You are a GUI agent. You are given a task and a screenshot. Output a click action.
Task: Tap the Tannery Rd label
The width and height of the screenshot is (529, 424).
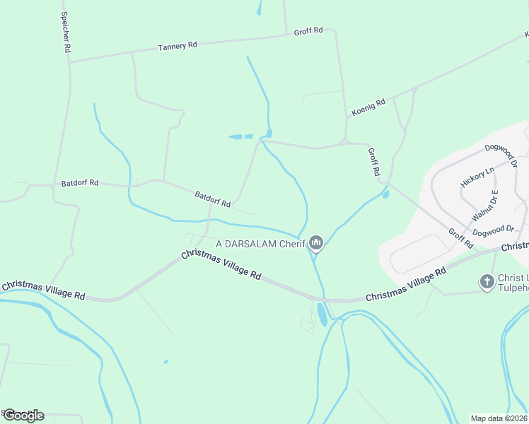(x=178, y=46)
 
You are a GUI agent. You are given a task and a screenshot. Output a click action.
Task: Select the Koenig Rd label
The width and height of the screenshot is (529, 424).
(x=368, y=107)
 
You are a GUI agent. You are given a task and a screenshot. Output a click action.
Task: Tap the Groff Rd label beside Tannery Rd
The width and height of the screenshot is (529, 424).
(x=308, y=31)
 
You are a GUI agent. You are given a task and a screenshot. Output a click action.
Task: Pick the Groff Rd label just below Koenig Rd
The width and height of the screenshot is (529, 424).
(x=374, y=161)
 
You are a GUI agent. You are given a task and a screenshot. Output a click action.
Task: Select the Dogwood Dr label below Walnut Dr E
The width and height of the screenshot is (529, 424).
(x=493, y=230)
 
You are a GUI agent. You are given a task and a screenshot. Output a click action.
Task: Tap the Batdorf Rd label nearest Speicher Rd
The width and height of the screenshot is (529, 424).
(x=79, y=183)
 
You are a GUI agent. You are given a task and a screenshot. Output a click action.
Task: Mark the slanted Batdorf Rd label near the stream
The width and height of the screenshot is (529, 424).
(x=213, y=199)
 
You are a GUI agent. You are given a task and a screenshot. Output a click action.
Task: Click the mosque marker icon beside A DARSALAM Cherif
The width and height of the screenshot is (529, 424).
(x=316, y=244)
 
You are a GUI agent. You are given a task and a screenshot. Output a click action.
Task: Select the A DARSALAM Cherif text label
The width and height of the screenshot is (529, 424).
(x=260, y=244)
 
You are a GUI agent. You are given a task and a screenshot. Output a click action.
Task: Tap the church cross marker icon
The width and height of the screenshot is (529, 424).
(x=487, y=282)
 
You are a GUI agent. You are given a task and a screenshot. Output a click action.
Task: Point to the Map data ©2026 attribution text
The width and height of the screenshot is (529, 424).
(x=499, y=418)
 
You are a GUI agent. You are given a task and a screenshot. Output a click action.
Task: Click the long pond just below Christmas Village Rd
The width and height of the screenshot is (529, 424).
(x=322, y=315)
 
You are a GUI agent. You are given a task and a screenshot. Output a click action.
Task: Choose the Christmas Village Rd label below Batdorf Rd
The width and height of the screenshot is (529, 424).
(x=221, y=265)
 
